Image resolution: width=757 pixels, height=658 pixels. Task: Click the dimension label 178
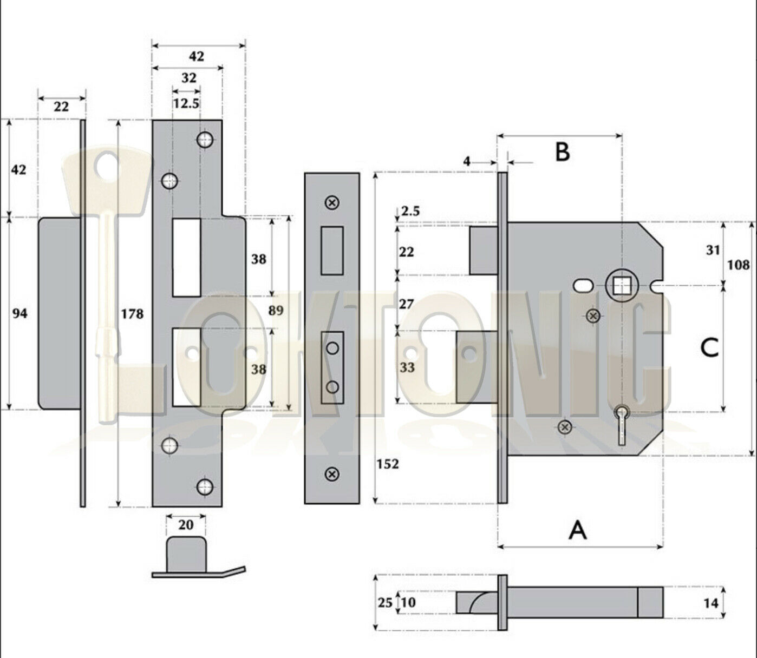point(132,313)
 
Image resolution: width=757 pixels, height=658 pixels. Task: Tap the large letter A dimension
point(578,530)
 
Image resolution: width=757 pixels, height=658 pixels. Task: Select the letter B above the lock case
point(563,152)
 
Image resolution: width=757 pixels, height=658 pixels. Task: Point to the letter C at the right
point(709,347)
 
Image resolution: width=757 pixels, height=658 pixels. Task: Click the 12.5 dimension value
point(186,103)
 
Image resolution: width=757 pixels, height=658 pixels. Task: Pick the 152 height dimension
point(387,464)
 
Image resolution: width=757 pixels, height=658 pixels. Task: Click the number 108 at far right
point(738,265)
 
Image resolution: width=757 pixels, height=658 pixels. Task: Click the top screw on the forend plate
point(332,202)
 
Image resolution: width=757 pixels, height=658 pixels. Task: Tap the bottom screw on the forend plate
point(332,475)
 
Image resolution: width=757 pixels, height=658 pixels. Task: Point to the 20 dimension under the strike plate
point(186,525)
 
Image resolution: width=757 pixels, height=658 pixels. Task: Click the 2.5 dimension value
point(410,210)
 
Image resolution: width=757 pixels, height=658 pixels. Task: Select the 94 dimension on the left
point(19,313)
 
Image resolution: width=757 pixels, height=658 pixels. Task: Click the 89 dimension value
point(276,311)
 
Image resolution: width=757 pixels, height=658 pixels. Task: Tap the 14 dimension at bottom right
point(711,602)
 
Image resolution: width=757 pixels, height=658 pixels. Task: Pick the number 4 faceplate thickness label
point(467,161)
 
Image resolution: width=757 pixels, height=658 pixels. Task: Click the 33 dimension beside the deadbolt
point(407,367)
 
